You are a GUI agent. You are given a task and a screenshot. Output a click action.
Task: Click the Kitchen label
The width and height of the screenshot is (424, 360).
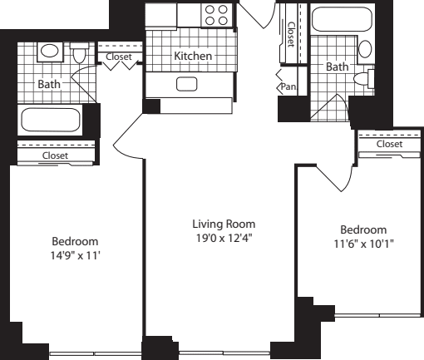click(193, 57)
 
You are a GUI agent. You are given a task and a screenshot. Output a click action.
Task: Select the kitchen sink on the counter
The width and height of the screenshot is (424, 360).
click(185, 83)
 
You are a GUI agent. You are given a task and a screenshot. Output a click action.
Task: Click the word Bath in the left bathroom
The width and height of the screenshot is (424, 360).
click(48, 84)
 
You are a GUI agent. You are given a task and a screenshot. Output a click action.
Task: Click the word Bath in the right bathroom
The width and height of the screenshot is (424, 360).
click(336, 67)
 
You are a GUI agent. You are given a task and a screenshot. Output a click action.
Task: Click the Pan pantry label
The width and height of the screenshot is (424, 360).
click(288, 86)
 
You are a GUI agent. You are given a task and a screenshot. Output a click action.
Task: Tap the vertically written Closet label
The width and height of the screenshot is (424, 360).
click(290, 34)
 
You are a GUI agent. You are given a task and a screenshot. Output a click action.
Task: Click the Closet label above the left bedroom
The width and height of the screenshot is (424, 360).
click(55, 155)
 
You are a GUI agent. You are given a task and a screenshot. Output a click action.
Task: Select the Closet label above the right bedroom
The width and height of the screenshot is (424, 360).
click(389, 144)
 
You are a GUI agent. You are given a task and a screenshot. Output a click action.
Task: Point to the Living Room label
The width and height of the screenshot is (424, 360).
click(224, 224)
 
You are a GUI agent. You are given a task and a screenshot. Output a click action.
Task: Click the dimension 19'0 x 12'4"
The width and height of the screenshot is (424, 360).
click(224, 239)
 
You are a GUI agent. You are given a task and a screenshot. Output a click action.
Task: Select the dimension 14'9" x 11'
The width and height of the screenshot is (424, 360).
click(74, 257)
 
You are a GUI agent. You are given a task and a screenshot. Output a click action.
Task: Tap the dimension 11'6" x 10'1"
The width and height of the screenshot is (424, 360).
click(362, 244)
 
